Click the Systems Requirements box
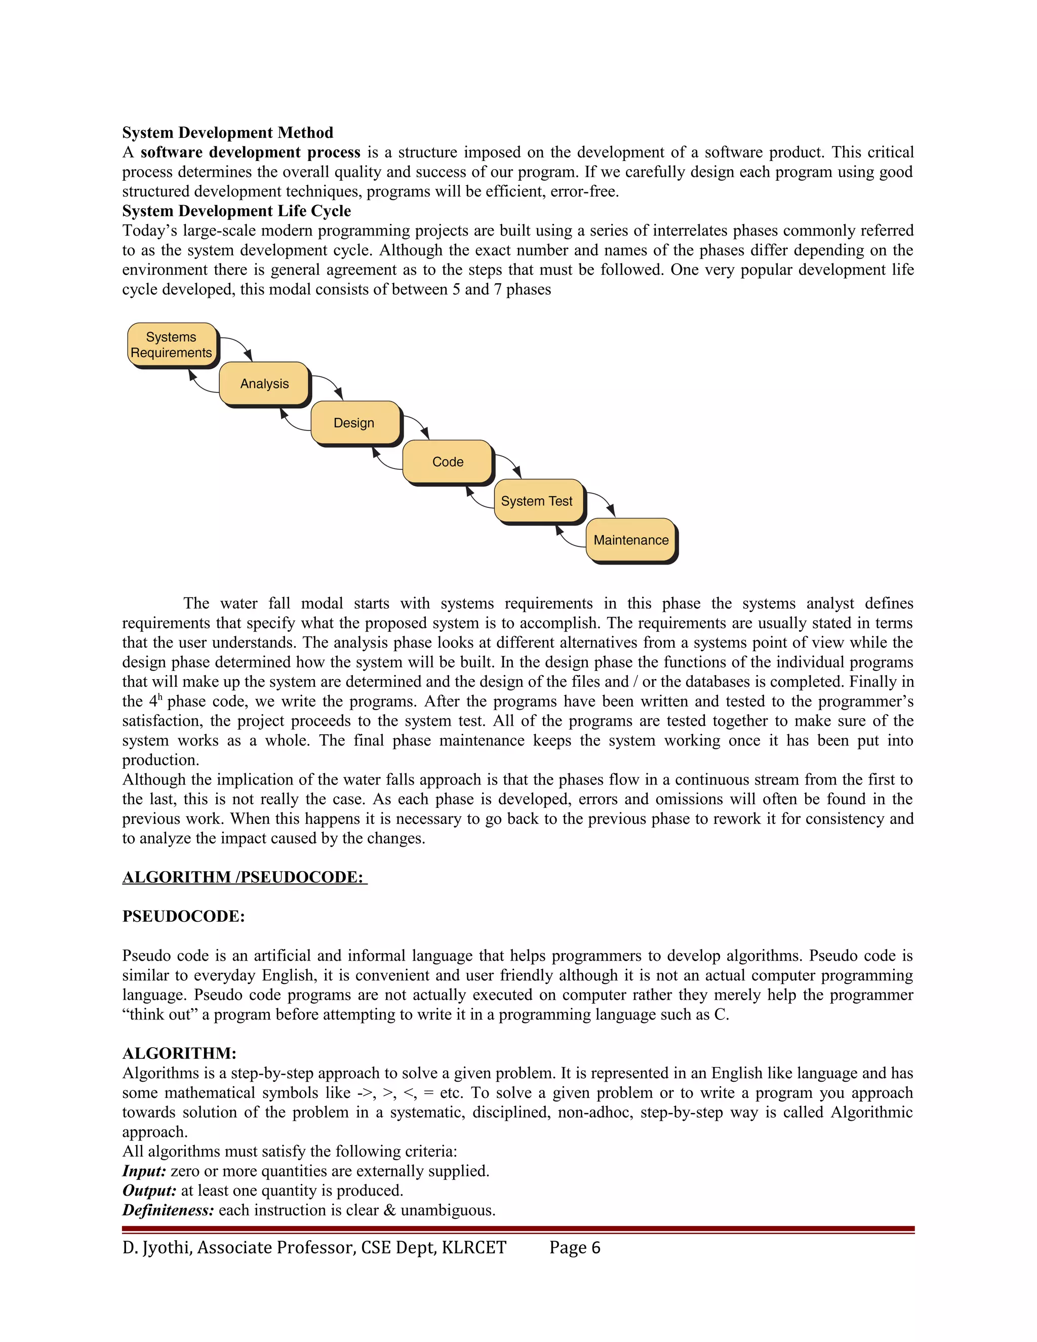pyautogui.click(x=172, y=345)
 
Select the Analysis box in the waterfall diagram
pyautogui.click(x=264, y=383)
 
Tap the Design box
pyautogui.click(x=354, y=423)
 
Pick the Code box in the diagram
pyautogui.click(x=448, y=461)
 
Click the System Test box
pyautogui.click(x=537, y=501)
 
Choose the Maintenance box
pyautogui.click(x=631, y=540)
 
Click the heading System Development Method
pyautogui.click(x=227, y=133)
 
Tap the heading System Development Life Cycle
pyautogui.click(x=236, y=211)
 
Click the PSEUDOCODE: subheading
pyautogui.click(x=183, y=916)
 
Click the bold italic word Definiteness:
pyautogui.click(x=168, y=1210)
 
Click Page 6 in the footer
pyautogui.click(x=574, y=1247)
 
